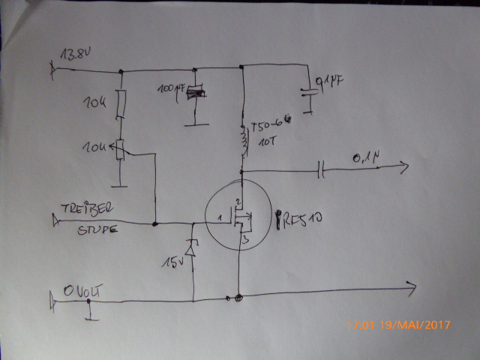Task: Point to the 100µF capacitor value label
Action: tap(171, 89)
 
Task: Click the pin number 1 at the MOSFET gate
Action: tap(220, 217)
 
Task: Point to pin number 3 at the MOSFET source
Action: tap(243, 241)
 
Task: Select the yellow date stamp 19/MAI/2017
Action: tap(409, 325)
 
